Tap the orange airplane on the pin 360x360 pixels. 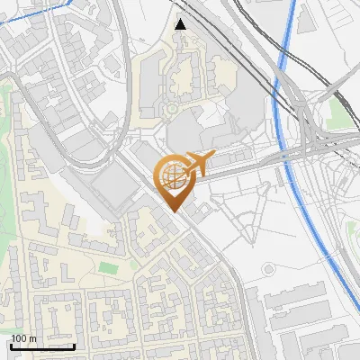[194, 164]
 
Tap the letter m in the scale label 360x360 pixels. [33, 338]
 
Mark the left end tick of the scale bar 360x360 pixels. [10, 346]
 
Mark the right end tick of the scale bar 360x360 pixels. [74, 346]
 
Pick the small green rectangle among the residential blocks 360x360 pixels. [107, 266]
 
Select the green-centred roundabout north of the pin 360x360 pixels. [171, 110]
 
